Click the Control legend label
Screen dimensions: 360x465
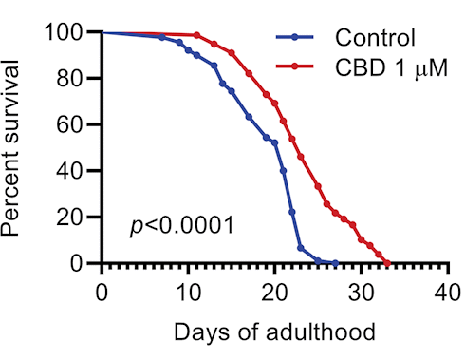coord(375,39)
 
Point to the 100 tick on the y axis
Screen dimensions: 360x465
coord(62,32)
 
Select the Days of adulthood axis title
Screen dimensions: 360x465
coord(274,332)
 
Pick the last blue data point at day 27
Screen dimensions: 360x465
coord(335,263)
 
